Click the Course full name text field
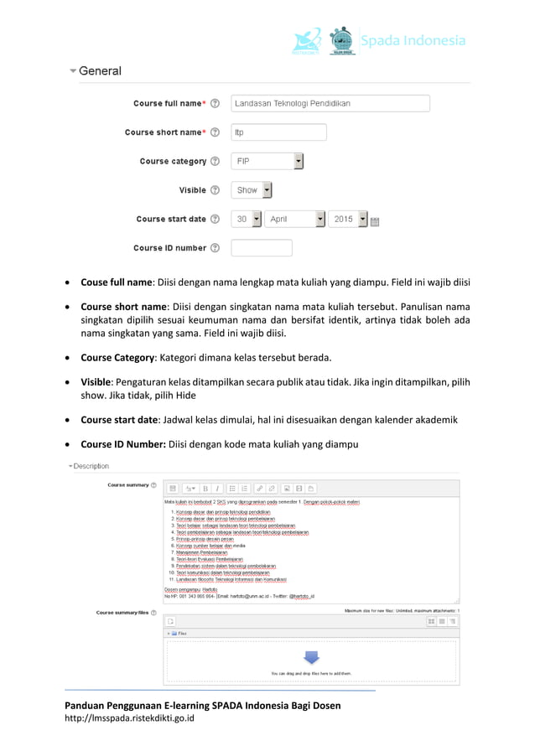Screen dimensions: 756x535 pyautogui.click(x=330, y=103)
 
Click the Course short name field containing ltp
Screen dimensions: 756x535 pyautogui.click(x=278, y=132)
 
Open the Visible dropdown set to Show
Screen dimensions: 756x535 pyautogui.click(x=252, y=190)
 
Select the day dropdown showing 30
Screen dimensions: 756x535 pyautogui.click(x=246, y=219)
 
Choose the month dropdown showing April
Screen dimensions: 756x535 pyautogui.click(x=294, y=219)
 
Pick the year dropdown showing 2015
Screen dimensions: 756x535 pyautogui.click(x=347, y=219)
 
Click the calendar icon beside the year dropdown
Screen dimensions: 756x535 pyautogui.click(x=375, y=220)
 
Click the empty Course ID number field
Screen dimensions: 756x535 pyautogui.click(x=261, y=248)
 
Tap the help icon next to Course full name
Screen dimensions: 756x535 pyautogui.click(x=215, y=104)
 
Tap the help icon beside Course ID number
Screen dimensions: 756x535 pyautogui.click(x=215, y=248)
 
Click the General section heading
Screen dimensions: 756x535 pyautogui.click(x=99, y=71)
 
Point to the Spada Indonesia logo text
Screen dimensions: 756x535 pyautogui.click(x=412, y=40)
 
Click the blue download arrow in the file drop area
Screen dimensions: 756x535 pyautogui.click(x=311, y=658)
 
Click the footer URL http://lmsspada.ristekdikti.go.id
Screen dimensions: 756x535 pyautogui.click(x=130, y=718)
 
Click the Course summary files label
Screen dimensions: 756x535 pyautogui.click(x=122, y=613)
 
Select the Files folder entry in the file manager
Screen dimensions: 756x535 pyautogui.click(x=179, y=634)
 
